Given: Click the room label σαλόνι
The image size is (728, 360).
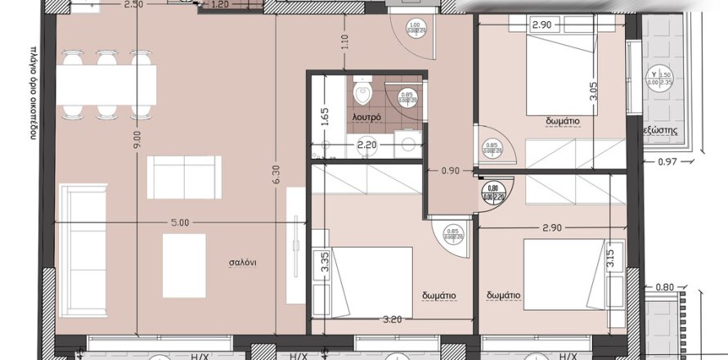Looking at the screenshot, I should (243, 263).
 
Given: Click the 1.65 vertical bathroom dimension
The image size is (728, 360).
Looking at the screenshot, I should (324, 115).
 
